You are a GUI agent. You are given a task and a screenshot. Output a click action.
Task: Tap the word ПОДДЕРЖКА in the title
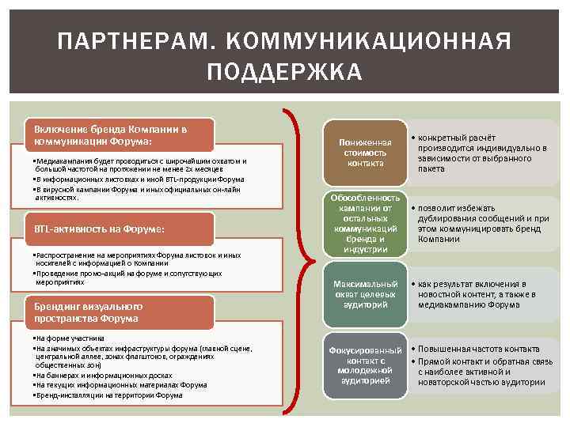click(x=284, y=73)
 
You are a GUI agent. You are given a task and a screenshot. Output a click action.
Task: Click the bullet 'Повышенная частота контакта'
click(x=478, y=349)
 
